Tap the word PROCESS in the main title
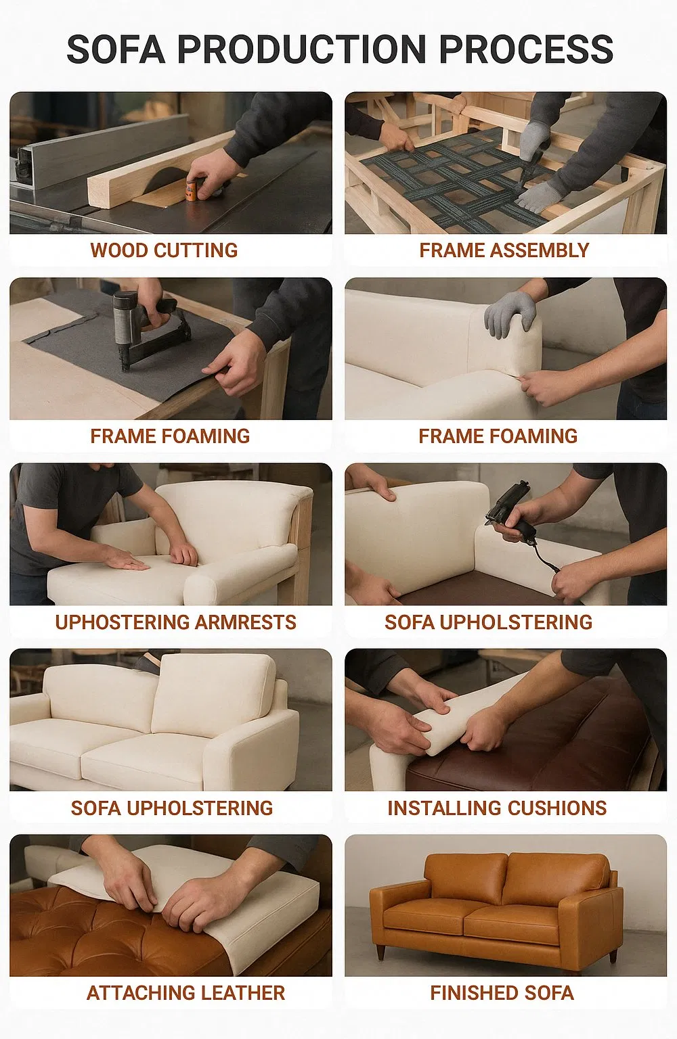526,49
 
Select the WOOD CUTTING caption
164,250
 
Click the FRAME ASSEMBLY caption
504,250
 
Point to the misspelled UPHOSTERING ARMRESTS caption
175,622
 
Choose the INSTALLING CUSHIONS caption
497,808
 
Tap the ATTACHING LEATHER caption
185,993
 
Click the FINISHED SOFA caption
502,993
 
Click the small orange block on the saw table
193,189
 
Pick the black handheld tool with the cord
515,514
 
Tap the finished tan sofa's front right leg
613,956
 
